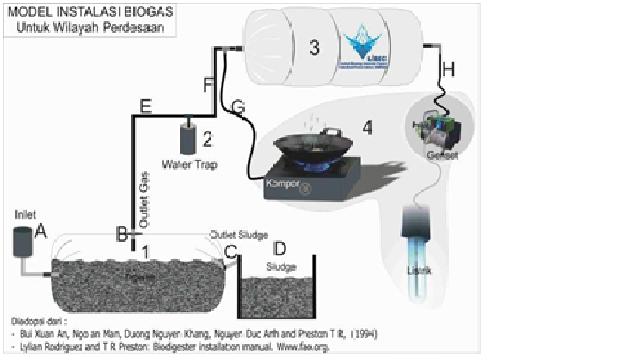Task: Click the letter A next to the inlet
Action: coord(41,231)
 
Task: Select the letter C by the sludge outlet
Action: coord(230,252)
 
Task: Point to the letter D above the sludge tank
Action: coord(280,248)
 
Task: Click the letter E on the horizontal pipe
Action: coord(146,107)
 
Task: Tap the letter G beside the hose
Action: coord(237,107)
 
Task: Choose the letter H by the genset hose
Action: coord(448,69)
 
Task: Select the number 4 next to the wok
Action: coord(367,128)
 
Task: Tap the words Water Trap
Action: coord(188,163)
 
